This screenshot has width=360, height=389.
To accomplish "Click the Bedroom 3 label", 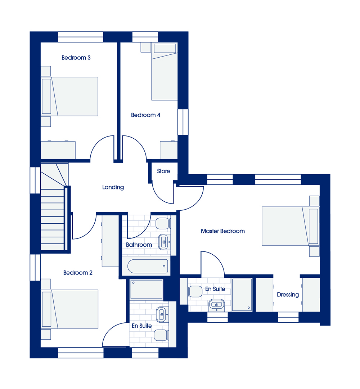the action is [76, 58].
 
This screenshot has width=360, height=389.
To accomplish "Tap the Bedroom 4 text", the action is [145, 115].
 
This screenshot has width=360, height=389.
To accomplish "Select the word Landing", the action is [113, 187].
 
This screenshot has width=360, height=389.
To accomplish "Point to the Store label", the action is [163, 171].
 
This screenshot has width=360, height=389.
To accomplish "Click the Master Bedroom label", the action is [222, 231].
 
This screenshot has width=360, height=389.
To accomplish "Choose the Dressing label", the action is [288, 295].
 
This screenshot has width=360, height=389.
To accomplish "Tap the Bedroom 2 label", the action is [78, 273].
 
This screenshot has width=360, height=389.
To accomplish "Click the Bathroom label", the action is [139, 245].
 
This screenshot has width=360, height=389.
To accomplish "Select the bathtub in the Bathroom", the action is [148, 266].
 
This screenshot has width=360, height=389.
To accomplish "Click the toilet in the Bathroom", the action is [163, 224].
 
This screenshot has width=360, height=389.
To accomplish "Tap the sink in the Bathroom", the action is [164, 242].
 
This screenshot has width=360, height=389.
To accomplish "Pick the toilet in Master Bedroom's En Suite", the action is [195, 291].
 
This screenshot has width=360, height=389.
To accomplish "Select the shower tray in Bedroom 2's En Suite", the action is [147, 290].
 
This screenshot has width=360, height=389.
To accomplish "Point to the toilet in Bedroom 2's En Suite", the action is [161, 335].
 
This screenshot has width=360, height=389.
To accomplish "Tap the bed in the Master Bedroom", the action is [291, 226].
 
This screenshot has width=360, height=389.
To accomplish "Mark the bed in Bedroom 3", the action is [69, 97].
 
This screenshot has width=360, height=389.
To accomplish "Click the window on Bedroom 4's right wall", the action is [183, 122].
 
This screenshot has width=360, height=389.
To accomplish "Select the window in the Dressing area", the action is [288, 317].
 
